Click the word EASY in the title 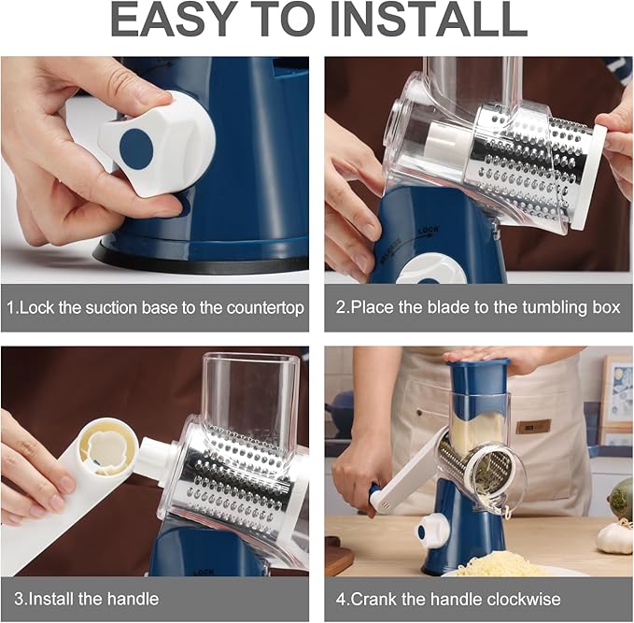[175, 20]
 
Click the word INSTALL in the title [429, 20]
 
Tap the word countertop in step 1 [265, 308]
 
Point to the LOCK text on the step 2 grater [429, 232]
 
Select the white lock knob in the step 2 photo [431, 269]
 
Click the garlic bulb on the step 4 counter [614, 536]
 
